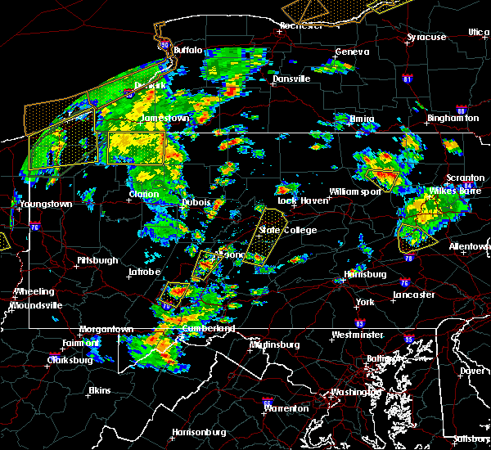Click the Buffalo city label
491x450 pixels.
[x=187, y=51]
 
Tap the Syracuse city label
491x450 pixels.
[x=427, y=38]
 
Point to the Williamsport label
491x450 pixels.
[x=355, y=191]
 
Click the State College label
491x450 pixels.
[x=287, y=230]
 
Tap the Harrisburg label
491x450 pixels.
[x=366, y=274]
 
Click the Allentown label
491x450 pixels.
[x=470, y=246]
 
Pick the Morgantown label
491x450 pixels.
[x=106, y=329]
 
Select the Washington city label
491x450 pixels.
[x=354, y=392]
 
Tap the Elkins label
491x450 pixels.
[x=100, y=390]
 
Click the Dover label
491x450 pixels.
[x=470, y=370]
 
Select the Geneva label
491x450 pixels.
[x=352, y=52]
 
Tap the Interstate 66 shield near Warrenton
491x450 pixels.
[x=267, y=402]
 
